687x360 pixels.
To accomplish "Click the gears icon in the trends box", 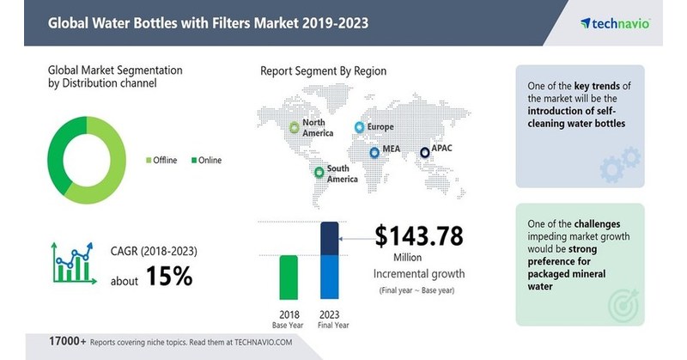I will [621, 164].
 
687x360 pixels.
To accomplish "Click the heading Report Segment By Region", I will [324, 71].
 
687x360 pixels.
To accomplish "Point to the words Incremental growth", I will [418, 273].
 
